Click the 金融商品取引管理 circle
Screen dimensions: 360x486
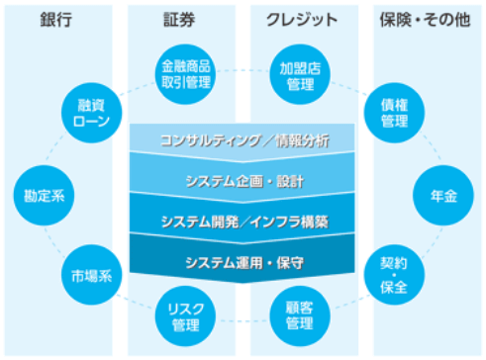[x=186, y=72]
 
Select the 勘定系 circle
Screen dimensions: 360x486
[x=46, y=195]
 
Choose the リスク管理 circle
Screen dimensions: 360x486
[x=186, y=315]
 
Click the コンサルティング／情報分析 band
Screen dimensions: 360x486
[x=243, y=139]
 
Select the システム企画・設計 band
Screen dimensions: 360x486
[x=243, y=181]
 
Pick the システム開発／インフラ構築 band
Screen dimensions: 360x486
[x=243, y=222]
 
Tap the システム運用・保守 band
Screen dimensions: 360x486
[x=243, y=262]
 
